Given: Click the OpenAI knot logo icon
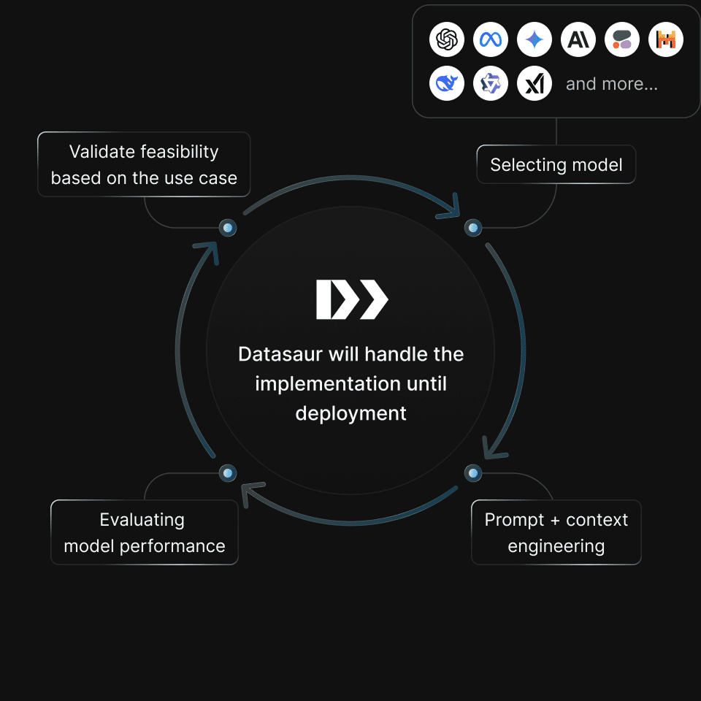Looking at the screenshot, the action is (x=447, y=40).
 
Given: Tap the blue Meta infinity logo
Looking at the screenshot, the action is (x=491, y=40).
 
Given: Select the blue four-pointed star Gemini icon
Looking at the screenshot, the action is (x=535, y=40).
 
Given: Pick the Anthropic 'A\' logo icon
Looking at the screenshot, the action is (x=578, y=40).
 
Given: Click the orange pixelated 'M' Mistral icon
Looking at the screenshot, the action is (x=666, y=40).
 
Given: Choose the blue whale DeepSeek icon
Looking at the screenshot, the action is (x=447, y=84).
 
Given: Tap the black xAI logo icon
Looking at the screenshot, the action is (x=535, y=84).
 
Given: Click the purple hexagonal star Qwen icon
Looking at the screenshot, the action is (x=491, y=84).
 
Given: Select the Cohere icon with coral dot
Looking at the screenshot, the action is (x=622, y=40).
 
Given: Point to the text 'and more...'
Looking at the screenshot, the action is (x=612, y=84).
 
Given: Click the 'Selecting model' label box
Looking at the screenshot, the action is (x=556, y=165).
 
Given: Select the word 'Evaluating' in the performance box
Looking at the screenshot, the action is (x=142, y=520).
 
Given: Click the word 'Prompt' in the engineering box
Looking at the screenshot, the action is (x=510, y=520).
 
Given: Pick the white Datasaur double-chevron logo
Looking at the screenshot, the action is (x=352, y=299).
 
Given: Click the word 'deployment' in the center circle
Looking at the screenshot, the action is (x=350, y=413).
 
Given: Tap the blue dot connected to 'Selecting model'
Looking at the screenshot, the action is (x=474, y=229).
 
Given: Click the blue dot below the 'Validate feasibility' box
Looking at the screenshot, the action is (x=228, y=229).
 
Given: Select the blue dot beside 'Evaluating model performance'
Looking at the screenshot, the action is (x=228, y=474).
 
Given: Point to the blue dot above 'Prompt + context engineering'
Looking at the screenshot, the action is (x=474, y=474).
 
